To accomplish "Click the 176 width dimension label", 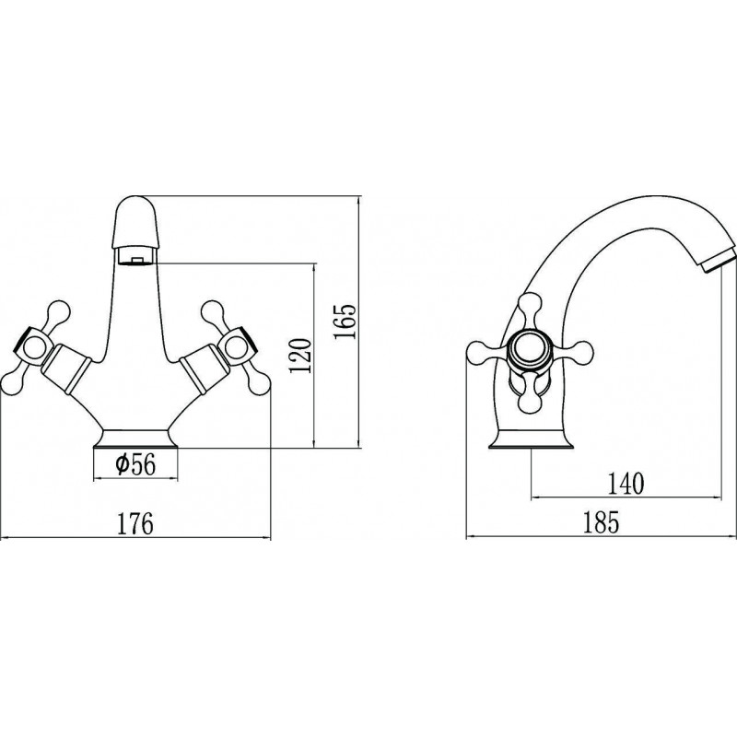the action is coord(135,523).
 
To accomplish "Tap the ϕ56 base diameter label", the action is coord(135,465).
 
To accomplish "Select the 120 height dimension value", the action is coord(301,356).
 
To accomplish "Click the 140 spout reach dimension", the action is coord(626,485).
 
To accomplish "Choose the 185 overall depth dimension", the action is coord(602,522).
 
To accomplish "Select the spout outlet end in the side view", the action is coord(715,263).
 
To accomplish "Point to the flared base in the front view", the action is coord(136,439).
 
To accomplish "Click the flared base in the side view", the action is coord(532,439).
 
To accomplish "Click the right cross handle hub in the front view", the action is coord(238,347).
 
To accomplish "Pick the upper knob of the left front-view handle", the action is coord(59,311).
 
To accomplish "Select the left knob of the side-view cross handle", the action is coord(480,350).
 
